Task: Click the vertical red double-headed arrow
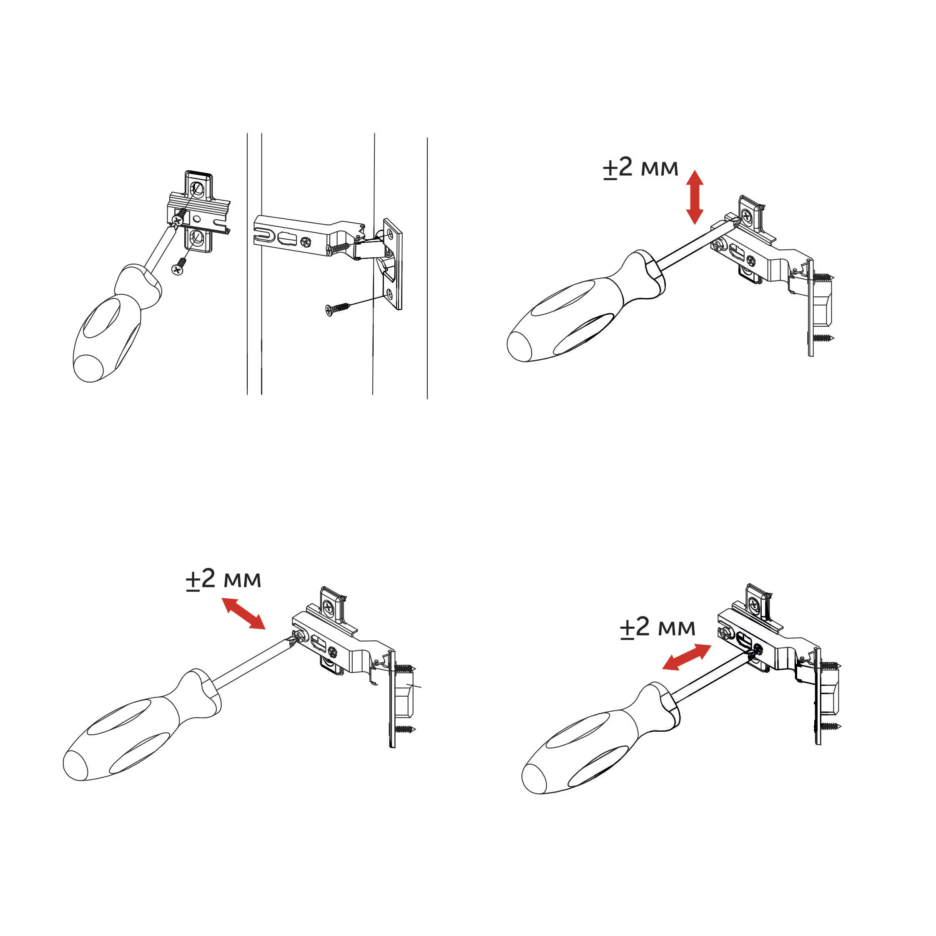point(695,197)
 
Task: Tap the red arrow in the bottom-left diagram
point(243,614)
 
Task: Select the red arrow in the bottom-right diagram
point(687,657)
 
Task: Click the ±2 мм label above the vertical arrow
point(640,168)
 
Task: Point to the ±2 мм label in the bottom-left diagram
point(223,579)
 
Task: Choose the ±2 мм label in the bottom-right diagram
point(657,627)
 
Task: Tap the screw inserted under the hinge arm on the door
point(339,247)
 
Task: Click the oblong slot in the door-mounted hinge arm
point(286,239)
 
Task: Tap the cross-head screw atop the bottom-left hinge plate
point(330,606)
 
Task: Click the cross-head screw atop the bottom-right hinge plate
point(754,604)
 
